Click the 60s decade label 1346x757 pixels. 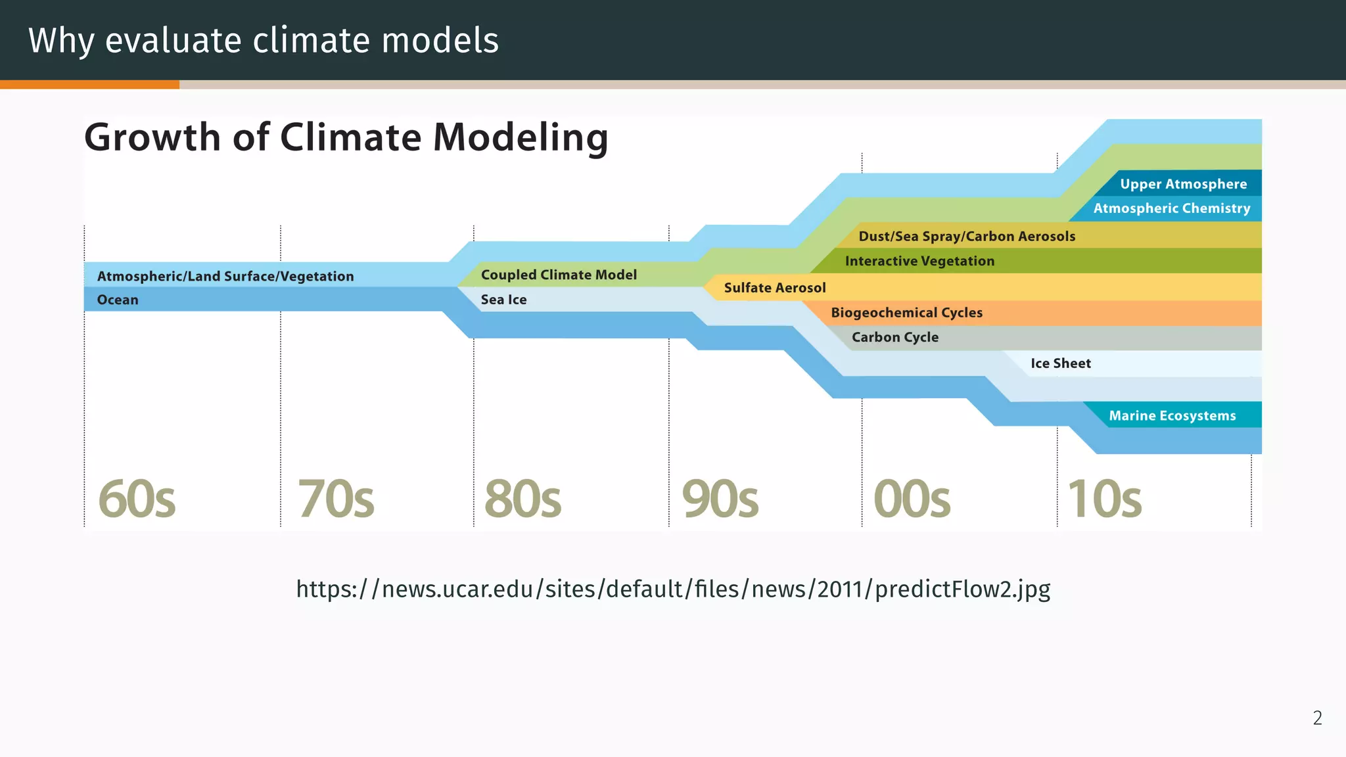(137, 499)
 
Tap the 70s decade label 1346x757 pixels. (336, 499)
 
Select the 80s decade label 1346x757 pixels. (522, 499)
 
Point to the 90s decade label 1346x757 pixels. (720, 499)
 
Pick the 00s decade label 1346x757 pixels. (912, 499)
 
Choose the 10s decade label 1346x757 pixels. (1104, 499)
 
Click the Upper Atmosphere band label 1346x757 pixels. (1183, 184)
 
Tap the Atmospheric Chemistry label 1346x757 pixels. (1172, 208)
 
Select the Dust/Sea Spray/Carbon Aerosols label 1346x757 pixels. (967, 236)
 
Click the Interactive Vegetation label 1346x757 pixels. (919, 261)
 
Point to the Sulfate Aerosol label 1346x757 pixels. (775, 288)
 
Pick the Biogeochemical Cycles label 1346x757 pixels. (906, 313)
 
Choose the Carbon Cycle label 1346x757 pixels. (895, 337)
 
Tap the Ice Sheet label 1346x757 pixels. (1060, 363)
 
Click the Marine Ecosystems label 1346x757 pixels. (1172, 415)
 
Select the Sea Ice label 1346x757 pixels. (503, 300)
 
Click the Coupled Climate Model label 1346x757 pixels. (559, 275)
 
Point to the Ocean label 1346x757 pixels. (118, 300)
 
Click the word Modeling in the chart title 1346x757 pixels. (520, 137)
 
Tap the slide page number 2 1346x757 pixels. (1317, 718)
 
